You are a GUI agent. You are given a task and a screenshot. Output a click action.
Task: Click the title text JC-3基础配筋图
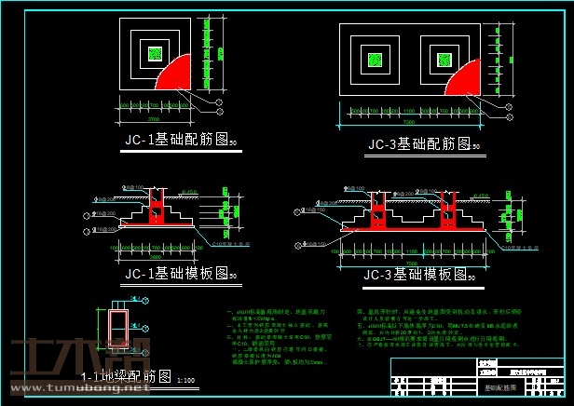417,144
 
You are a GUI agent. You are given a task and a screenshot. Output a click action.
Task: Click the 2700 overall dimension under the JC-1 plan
156,119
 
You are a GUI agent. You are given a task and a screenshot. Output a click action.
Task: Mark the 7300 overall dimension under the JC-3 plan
410,121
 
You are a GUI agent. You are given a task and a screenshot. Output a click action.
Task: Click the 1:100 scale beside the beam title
185,380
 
